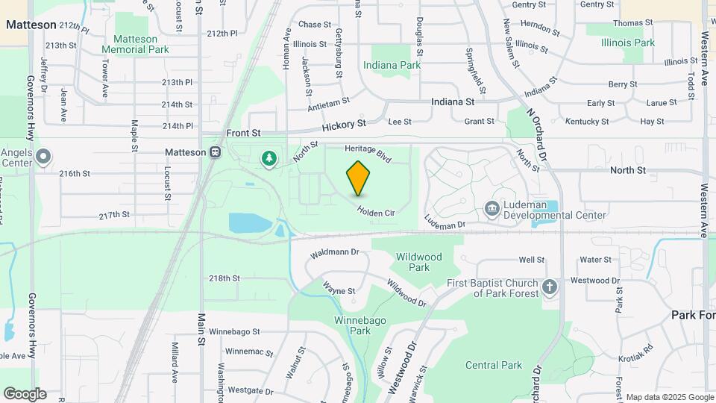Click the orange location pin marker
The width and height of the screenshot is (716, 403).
point(358,178)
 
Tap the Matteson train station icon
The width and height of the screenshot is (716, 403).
point(216,152)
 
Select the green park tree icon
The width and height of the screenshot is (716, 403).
point(268,158)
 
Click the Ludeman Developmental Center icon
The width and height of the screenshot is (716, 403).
point(492,208)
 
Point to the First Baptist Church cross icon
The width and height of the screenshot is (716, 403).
point(550,287)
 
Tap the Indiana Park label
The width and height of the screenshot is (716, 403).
point(392,65)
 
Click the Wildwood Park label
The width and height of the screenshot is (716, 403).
point(413,262)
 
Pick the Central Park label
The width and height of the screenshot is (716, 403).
point(494,365)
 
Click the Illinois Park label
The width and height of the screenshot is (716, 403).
point(629,43)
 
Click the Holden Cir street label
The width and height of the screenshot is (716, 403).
point(375,213)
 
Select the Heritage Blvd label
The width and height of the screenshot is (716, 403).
point(368,153)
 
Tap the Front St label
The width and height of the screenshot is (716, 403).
point(243,133)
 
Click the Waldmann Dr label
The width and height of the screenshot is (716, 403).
point(335,254)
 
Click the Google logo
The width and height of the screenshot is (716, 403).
point(25,393)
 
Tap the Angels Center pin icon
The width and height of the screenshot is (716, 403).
point(43,157)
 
